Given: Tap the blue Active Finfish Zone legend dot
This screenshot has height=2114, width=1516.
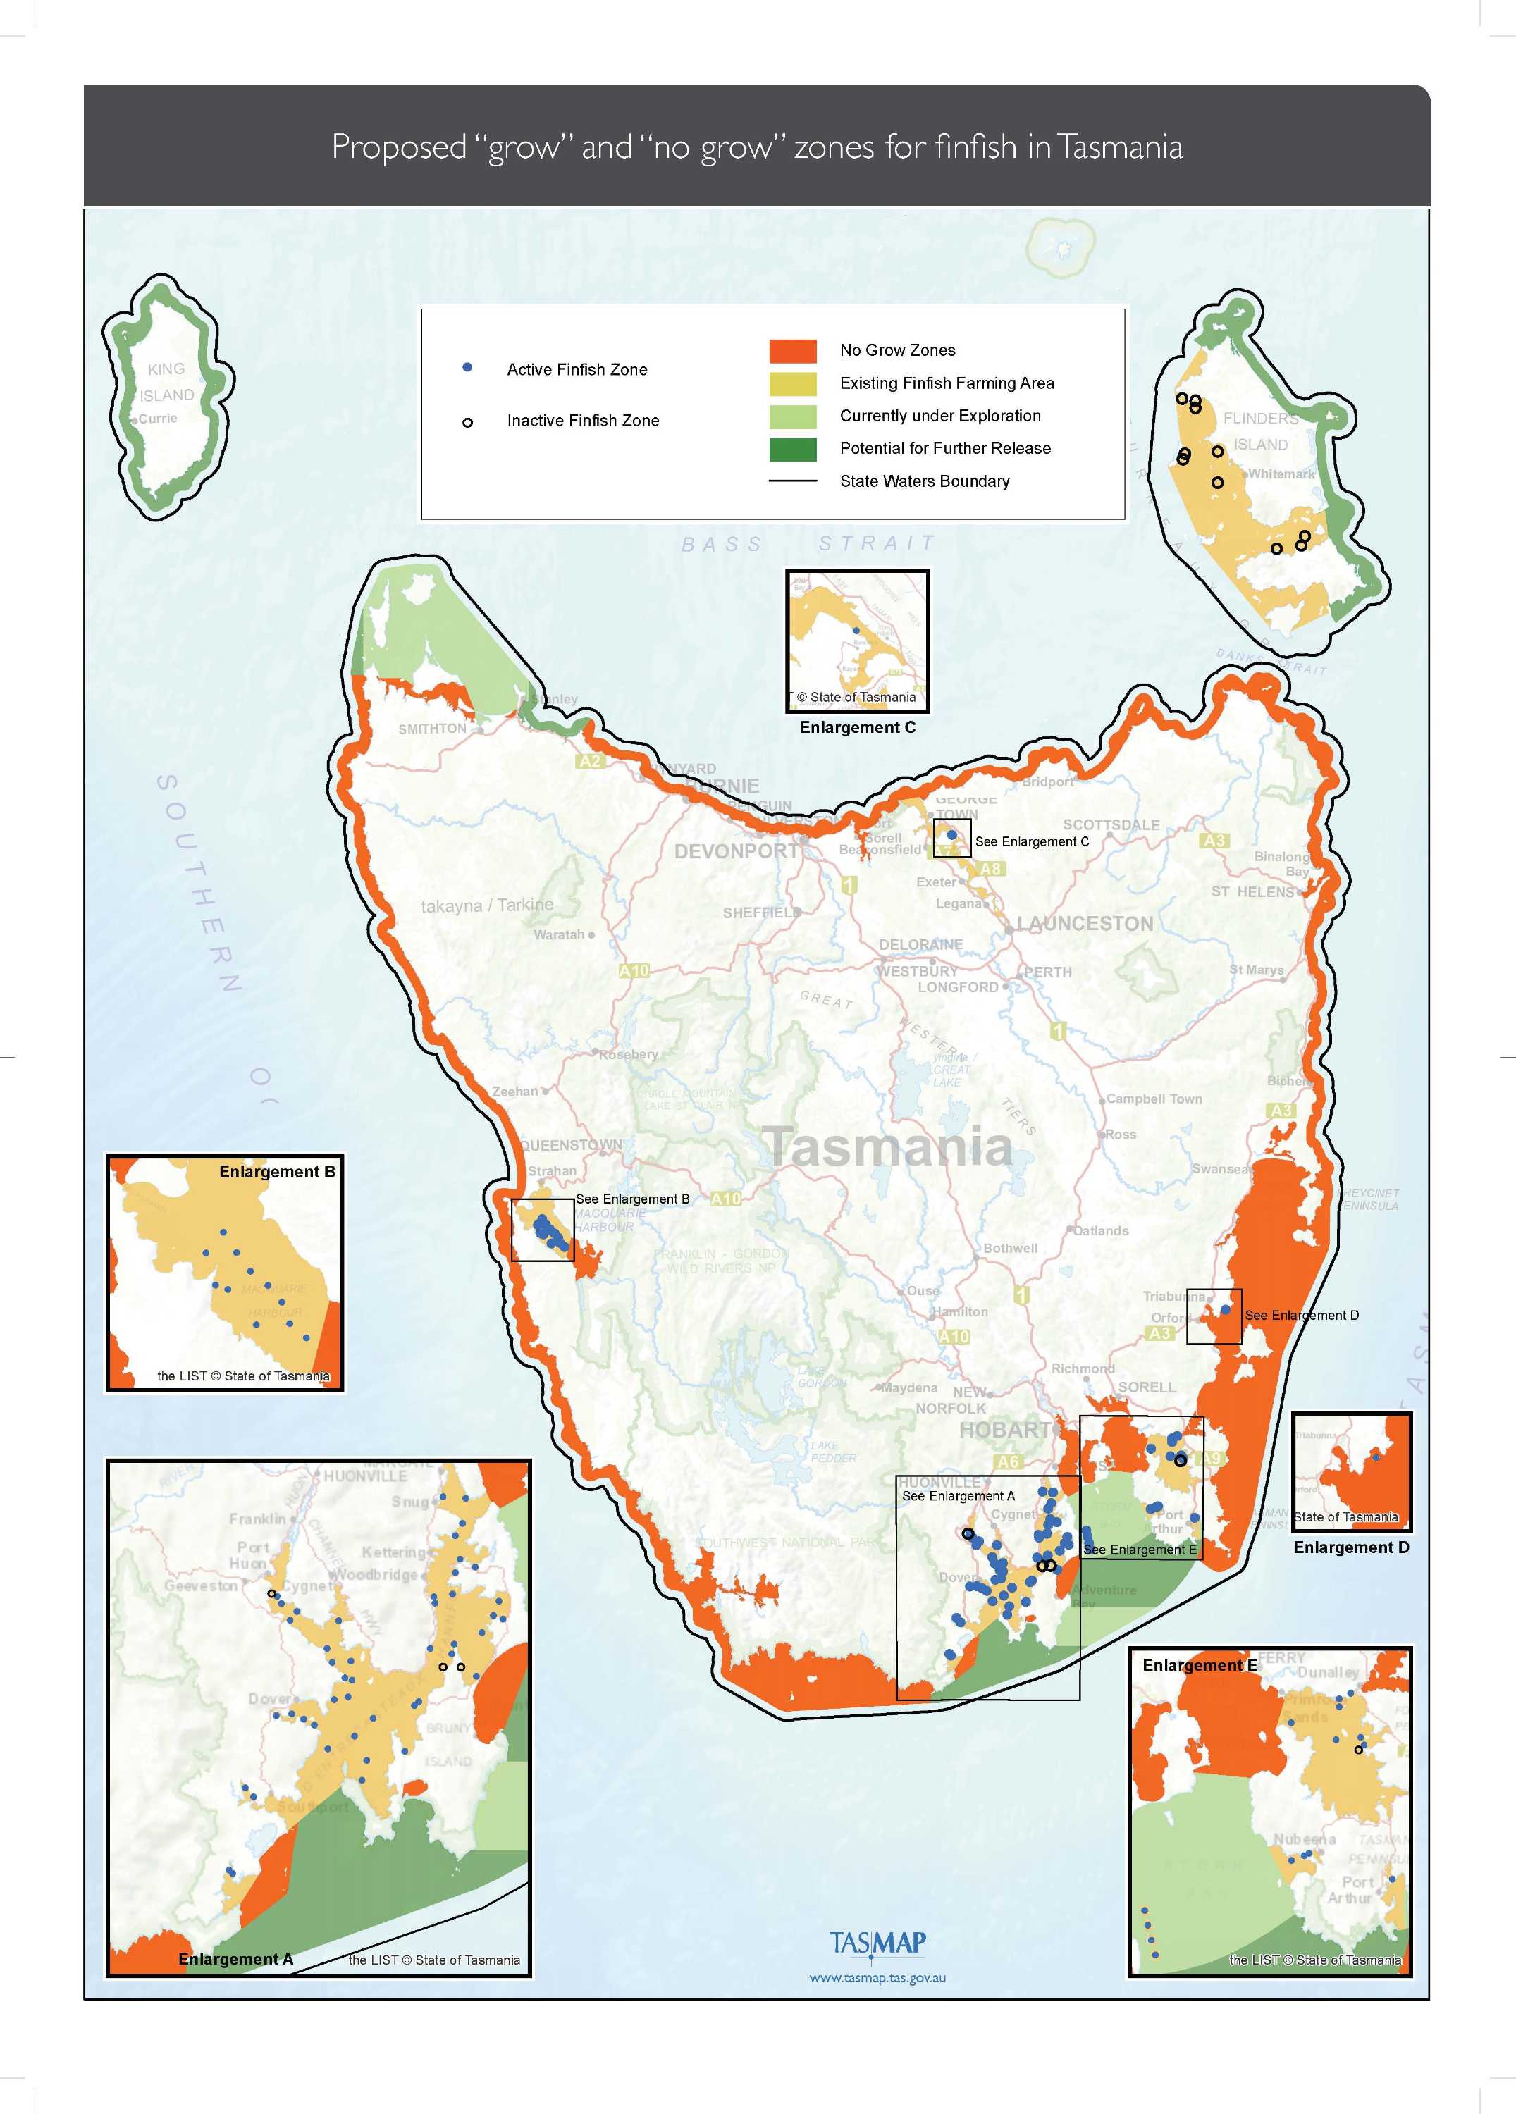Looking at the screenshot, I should pos(467,368).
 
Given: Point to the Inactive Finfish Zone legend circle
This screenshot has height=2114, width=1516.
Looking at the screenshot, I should pos(467,422).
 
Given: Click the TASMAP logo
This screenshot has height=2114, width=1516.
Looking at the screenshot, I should pos(877,1943).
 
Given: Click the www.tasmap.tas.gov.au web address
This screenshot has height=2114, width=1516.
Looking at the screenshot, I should pos(877,1977).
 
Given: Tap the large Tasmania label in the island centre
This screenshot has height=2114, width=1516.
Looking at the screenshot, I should pos(887,1146).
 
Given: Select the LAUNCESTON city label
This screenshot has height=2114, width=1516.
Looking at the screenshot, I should pos(1085,924).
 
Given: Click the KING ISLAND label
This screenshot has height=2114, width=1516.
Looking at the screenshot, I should pos(167,382).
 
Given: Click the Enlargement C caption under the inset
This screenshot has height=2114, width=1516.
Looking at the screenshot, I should pos(857,727).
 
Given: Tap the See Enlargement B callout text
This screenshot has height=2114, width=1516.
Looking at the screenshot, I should pos(632,1199).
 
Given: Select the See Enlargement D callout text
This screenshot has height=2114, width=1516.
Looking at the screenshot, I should pos(1302,1315).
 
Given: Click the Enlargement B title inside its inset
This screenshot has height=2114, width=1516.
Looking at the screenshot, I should pos(277,1172).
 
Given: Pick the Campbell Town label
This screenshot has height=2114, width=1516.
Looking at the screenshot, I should pos(1154,1099).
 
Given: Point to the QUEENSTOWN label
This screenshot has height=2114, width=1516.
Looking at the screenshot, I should pos(571,1144).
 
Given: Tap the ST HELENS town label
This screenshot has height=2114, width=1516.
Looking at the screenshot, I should pos(1252,892).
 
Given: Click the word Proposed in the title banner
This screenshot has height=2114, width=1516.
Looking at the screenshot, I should pos(399,147).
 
